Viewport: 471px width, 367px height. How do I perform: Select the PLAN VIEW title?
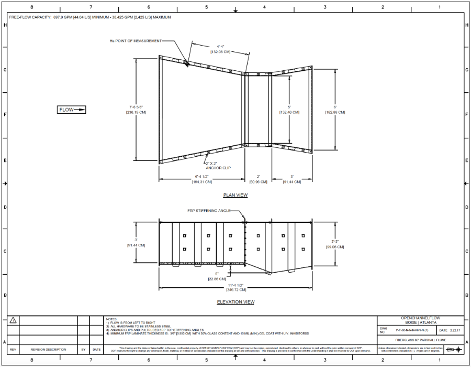235,195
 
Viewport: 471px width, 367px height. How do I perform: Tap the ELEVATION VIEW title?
235,302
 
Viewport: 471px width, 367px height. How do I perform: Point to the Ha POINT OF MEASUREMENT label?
135,40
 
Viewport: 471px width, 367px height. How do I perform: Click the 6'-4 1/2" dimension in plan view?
201,176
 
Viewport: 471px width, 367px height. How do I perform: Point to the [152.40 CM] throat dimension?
289,112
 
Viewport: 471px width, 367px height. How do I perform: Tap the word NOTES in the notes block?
111,318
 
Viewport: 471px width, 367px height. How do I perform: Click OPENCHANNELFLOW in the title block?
421,318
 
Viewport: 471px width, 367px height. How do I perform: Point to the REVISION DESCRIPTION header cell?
49,349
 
